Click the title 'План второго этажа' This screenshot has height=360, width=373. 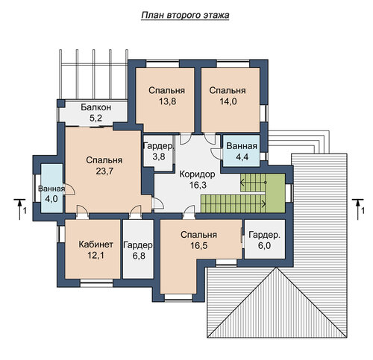185,15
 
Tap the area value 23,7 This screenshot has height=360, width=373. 104,171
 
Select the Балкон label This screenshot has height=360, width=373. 96,107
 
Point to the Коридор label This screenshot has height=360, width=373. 197,174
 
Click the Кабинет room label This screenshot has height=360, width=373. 96,244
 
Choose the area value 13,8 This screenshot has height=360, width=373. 167,101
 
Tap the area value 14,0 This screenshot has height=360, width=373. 228,101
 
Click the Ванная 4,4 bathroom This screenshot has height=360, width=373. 241,151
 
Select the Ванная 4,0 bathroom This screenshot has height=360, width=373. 51,188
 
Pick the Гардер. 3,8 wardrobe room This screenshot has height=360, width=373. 159,153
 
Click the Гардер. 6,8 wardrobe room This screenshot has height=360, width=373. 138,249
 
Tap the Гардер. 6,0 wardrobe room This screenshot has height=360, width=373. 265,239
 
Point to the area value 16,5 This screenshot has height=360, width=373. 199,246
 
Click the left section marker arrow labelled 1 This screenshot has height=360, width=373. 19,209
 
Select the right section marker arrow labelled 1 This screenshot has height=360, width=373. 357,209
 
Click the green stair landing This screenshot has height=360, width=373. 275,193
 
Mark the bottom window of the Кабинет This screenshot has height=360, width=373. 96,283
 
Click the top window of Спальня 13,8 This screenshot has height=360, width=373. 163,63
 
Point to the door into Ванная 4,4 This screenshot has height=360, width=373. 217,153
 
